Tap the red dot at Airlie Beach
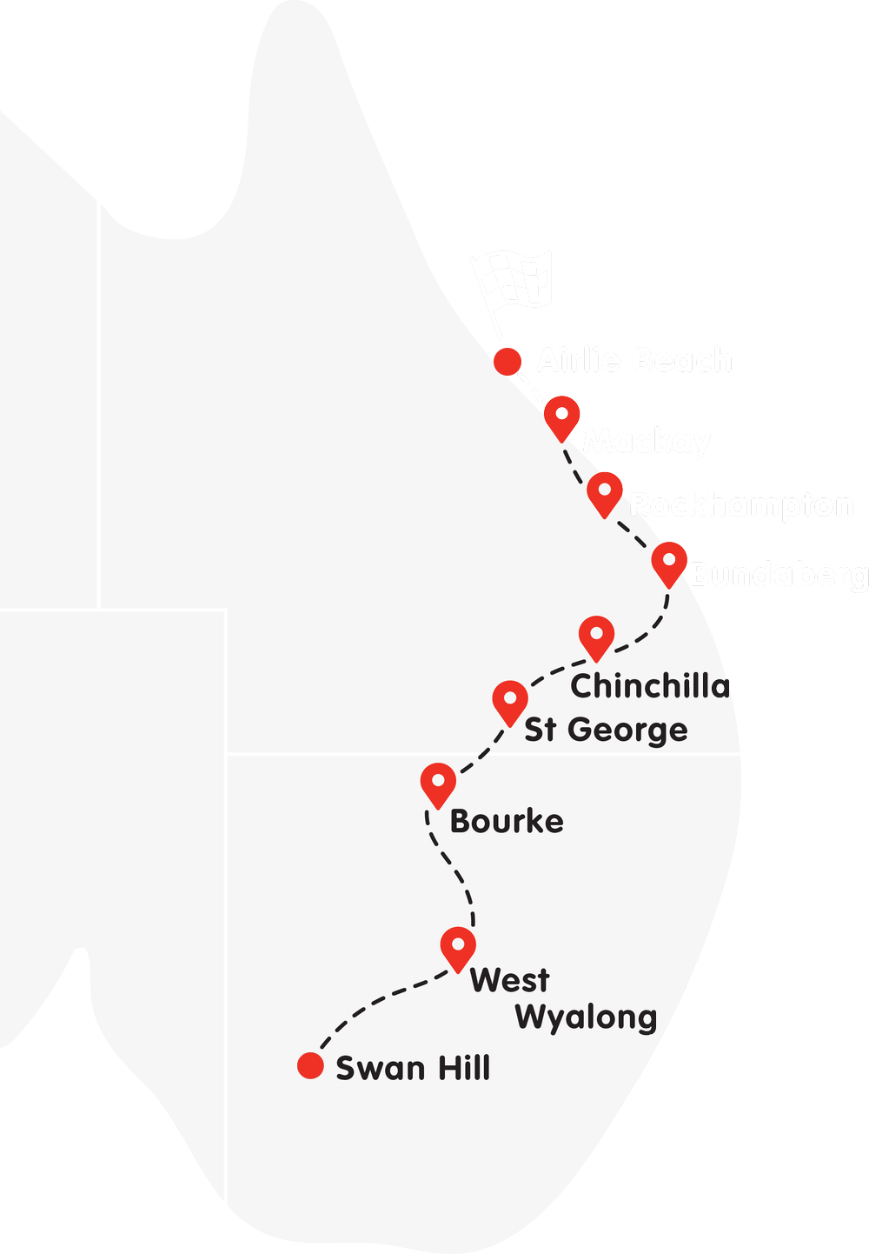[x=507, y=361]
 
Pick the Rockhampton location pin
[x=605, y=492]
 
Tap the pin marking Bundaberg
[x=670, y=562]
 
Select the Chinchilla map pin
[x=596, y=636]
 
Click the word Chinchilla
[x=650, y=686]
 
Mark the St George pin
[x=510, y=701]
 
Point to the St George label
[x=606, y=730]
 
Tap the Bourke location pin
[x=438, y=784]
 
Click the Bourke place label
[x=507, y=821]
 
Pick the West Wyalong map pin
[x=458, y=946]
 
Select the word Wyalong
[x=587, y=1017]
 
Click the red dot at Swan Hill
[x=310, y=1065]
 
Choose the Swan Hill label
[x=413, y=1068]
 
